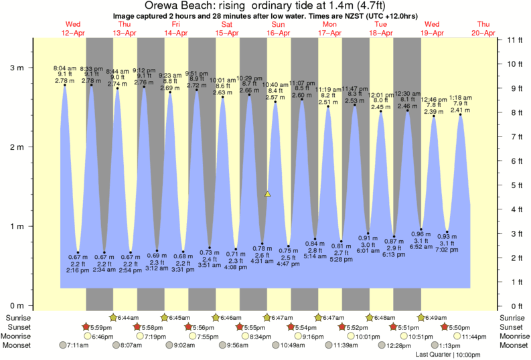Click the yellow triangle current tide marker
[x=267, y=194]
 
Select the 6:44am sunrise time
[x=128, y=317]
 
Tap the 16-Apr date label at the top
[x=278, y=33]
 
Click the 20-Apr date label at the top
[x=483, y=33]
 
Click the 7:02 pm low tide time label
[x=447, y=250]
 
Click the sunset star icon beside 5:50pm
[x=445, y=327]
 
